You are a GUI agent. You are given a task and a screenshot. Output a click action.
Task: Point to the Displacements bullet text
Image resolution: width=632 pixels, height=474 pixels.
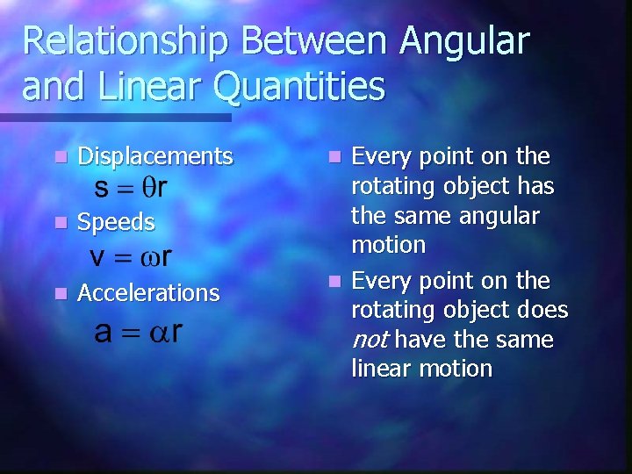tap(155, 157)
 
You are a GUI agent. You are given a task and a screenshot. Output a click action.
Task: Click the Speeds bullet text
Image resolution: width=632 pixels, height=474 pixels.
tap(116, 223)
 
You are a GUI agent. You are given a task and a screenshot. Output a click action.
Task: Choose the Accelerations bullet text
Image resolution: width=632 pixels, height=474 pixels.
tap(148, 293)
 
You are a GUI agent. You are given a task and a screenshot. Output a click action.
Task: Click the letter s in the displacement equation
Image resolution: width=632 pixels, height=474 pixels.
tap(102, 188)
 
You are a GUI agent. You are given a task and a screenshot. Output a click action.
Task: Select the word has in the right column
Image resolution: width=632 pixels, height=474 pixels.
tap(536, 186)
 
